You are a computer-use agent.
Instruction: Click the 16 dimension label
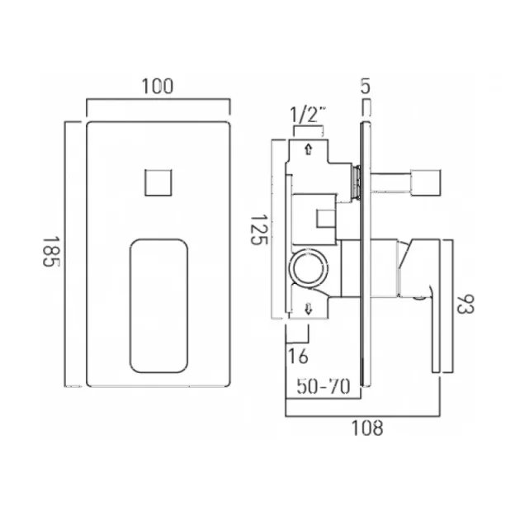[x=297, y=357]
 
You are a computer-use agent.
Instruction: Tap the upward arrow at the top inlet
[x=308, y=149]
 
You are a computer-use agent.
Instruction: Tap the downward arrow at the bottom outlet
[x=308, y=309]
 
